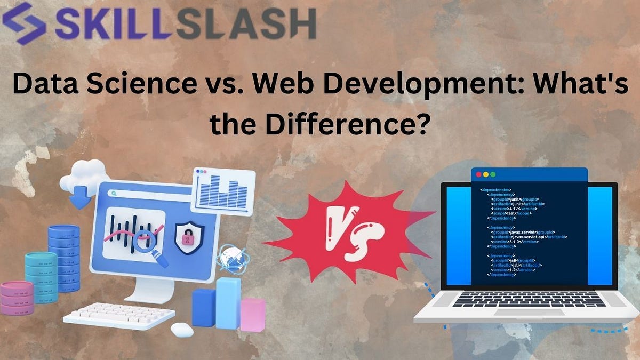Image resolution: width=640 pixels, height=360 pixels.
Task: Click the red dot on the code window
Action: click(478, 175)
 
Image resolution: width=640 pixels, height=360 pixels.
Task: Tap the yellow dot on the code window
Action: click(485, 175)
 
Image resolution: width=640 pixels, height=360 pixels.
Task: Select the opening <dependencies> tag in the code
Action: click(496, 189)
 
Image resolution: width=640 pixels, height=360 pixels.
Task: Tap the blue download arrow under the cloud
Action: click(81, 199)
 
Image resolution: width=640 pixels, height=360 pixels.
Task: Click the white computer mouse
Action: click(182, 330)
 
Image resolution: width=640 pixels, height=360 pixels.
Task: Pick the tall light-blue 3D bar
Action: click(228, 303)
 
